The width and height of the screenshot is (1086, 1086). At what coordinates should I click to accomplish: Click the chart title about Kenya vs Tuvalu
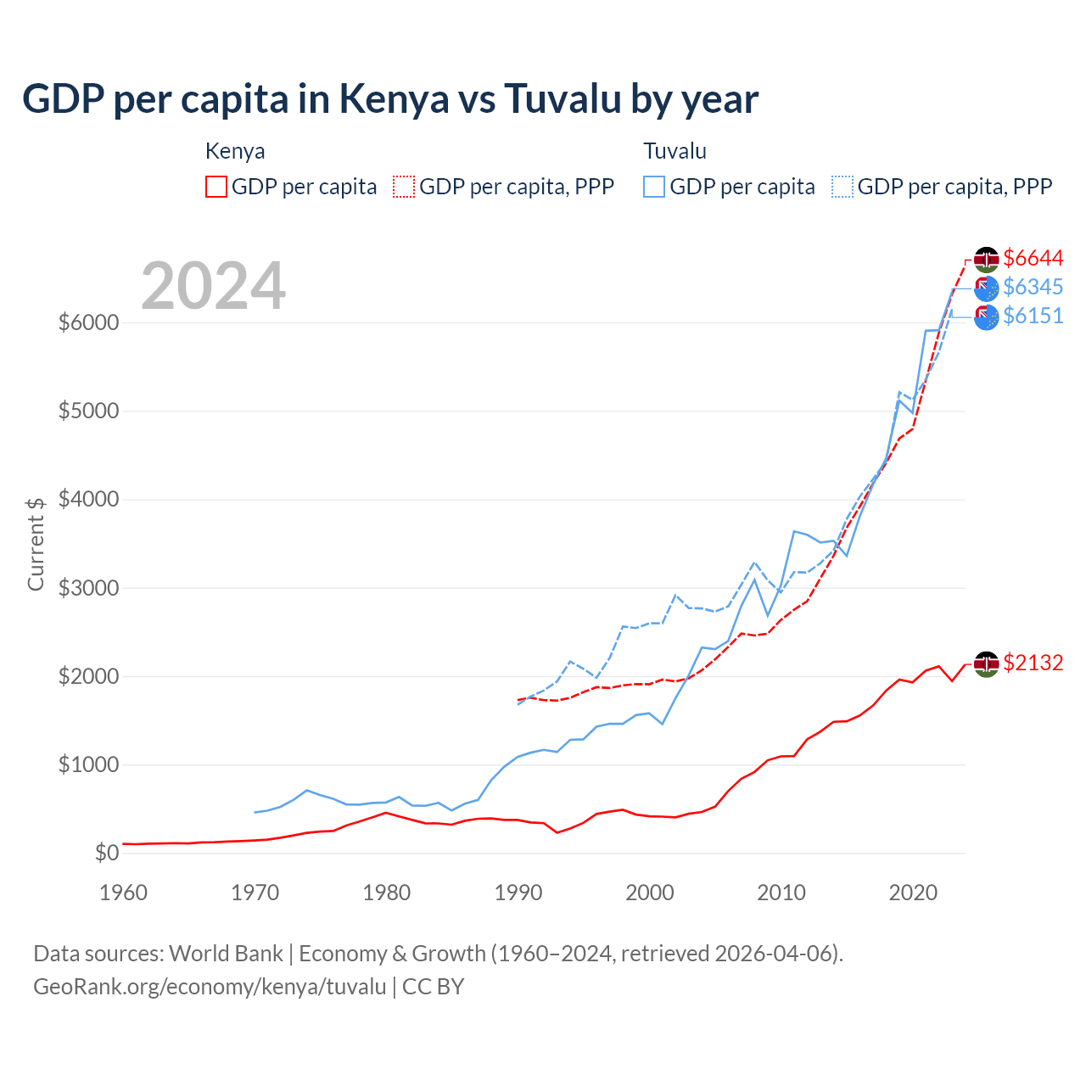(x=390, y=99)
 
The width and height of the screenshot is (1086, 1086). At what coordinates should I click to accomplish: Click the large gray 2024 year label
(x=213, y=286)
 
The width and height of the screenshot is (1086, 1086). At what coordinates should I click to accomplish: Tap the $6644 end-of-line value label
(x=1033, y=258)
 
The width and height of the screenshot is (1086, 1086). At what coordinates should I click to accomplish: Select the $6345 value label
(x=1033, y=287)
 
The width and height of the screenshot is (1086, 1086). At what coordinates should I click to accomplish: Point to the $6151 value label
(x=1033, y=316)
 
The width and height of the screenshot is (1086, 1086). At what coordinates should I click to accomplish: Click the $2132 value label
(x=1033, y=663)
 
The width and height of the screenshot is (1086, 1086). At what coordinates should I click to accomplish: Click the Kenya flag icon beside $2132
(x=986, y=664)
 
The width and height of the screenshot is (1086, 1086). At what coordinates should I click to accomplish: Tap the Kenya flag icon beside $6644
(x=986, y=259)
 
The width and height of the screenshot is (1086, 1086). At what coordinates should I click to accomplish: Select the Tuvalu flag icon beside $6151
(x=986, y=317)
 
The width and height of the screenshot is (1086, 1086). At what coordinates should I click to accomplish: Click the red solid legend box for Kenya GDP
(x=216, y=187)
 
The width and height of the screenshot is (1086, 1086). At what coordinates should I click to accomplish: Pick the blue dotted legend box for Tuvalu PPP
(x=842, y=187)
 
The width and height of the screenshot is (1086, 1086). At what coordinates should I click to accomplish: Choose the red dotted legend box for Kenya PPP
(x=405, y=187)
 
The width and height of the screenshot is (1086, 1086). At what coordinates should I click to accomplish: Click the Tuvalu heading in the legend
(x=675, y=151)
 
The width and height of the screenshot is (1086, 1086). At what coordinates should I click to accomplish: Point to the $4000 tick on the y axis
(x=88, y=500)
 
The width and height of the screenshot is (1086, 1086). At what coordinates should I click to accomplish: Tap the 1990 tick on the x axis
(x=518, y=893)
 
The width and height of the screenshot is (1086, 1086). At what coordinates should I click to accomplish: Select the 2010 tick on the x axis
(x=781, y=893)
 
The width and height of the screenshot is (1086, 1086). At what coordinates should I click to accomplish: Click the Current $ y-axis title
(x=36, y=544)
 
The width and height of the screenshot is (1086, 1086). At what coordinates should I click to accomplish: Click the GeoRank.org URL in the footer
(x=210, y=987)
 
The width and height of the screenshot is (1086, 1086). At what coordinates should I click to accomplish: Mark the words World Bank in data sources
(x=226, y=954)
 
